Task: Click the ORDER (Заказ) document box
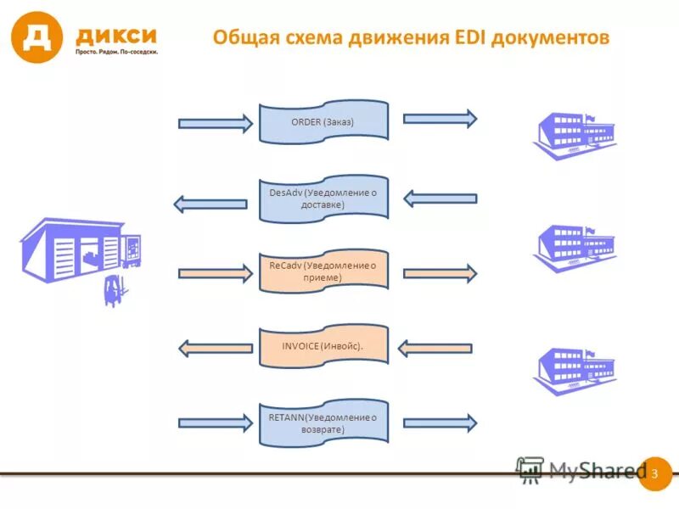point(323,121)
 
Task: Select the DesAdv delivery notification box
point(323,199)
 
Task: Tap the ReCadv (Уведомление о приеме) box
point(323,271)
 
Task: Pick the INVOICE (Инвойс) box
point(323,346)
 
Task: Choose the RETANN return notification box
point(323,422)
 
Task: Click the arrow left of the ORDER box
point(216,124)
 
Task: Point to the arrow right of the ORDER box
point(440,119)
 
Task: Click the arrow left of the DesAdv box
point(210,204)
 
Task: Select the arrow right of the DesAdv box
point(440,199)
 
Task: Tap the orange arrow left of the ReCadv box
point(216,273)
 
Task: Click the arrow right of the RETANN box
point(440,422)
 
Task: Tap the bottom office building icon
point(574,369)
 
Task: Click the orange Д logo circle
point(36,37)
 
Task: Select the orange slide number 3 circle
point(654,473)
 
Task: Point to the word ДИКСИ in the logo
point(116,36)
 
